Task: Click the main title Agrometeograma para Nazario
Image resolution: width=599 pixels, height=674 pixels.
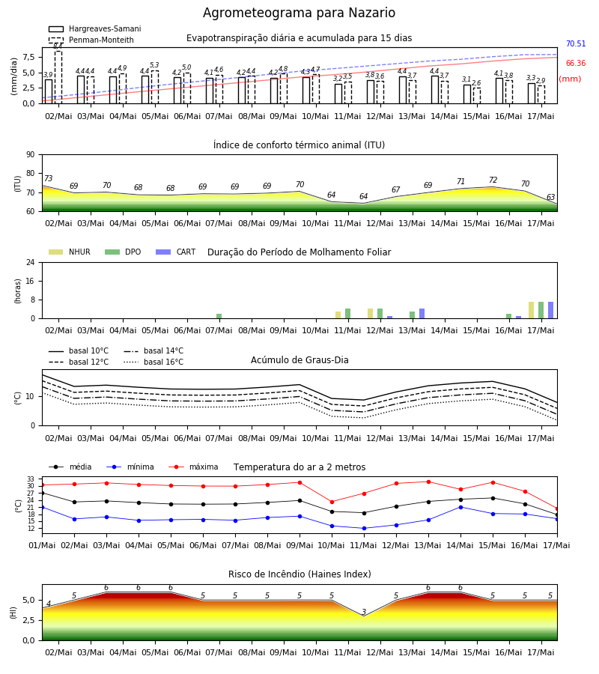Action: [x=299, y=13]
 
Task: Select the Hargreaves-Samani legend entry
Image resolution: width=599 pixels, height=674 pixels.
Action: [x=95, y=28]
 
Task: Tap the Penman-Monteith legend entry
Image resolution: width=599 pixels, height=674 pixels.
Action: [x=91, y=40]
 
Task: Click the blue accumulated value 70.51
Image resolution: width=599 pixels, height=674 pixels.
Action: [x=576, y=44]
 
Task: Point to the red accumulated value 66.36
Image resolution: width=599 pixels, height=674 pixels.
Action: [x=576, y=63]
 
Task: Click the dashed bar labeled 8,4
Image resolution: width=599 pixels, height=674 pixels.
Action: [x=58, y=77]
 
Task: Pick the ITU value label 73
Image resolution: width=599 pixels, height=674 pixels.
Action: [x=49, y=178]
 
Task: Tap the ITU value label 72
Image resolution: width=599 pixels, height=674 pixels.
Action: [x=493, y=180]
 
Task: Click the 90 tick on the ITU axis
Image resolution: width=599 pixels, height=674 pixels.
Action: [x=31, y=155]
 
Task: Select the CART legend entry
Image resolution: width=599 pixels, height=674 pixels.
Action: [x=176, y=252]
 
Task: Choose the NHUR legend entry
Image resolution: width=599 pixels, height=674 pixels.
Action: [x=70, y=252]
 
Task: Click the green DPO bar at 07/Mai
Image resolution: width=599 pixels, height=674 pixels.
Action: [x=219, y=316]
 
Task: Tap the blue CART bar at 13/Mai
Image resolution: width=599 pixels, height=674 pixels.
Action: [x=422, y=314]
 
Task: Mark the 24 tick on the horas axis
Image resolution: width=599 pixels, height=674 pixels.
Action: [x=31, y=263]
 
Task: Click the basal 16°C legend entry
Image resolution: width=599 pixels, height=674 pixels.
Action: [x=153, y=362]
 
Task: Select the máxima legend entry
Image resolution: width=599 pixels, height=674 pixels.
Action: [x=194, y=467]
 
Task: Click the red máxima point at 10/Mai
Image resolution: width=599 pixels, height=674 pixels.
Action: [x=332, y=502]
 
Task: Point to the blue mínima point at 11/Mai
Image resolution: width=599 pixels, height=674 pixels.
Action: [x=364, y=528]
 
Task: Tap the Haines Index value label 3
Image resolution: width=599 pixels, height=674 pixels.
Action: [x=364, y=612]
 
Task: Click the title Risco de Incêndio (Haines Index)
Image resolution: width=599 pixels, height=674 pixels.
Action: [x=299, y=574]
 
